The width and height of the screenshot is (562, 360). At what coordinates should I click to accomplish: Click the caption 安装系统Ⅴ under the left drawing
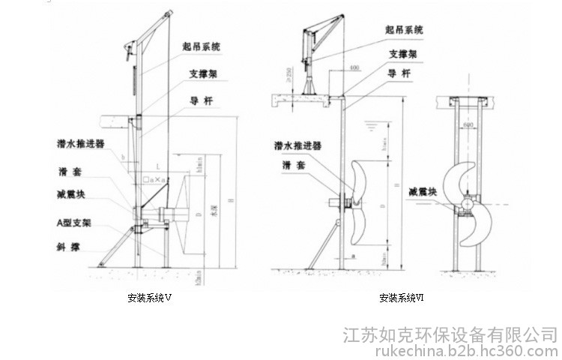(150, 298)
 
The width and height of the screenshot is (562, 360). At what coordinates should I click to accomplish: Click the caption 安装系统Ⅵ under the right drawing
(402, 298)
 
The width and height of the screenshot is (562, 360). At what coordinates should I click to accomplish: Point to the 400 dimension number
(354, 68)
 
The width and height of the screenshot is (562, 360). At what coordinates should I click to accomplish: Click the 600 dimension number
(468, 125)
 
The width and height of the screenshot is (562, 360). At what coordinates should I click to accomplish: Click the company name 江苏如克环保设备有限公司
(450, 334)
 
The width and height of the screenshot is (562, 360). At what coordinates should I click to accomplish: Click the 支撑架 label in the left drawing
(203, 74)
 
